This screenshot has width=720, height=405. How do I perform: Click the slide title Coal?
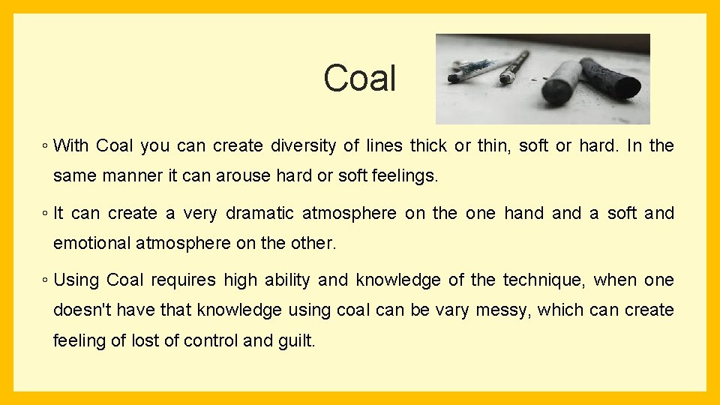tap(359, 78)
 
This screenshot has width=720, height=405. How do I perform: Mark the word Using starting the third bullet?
tap(76, 280)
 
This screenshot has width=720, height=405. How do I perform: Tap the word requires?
tap(184, 280)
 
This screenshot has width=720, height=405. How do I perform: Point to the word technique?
tap(543, 280)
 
